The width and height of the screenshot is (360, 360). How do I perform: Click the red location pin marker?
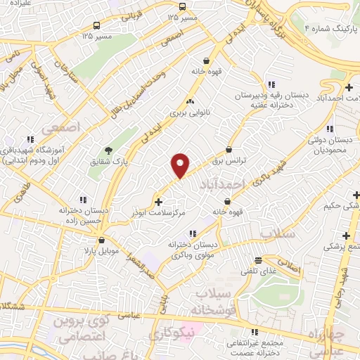[181, 165]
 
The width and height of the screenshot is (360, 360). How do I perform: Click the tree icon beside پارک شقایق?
[108, 150]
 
